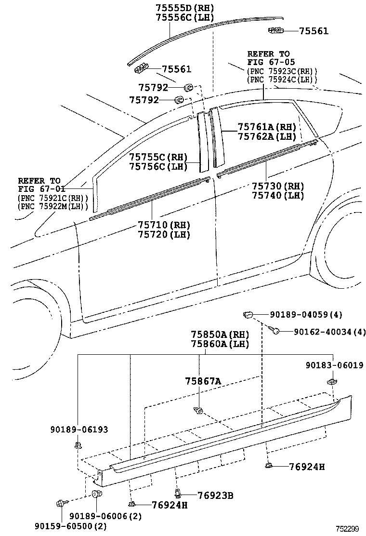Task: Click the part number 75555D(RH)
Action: coord(185,8)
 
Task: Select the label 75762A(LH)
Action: coord(266,136)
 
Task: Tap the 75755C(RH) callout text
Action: coord(158,157)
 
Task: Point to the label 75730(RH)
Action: coord(278,186)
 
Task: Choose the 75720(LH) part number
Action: coord(164,235)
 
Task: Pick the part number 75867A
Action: coord(203,381)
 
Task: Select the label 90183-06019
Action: coord(334,365)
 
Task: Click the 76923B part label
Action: coord(216,495)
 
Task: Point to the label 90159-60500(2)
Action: coord(70,526)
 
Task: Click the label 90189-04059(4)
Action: coord(306,315)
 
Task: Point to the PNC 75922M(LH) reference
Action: coord(53,206)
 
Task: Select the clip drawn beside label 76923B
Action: coord(178,493)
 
